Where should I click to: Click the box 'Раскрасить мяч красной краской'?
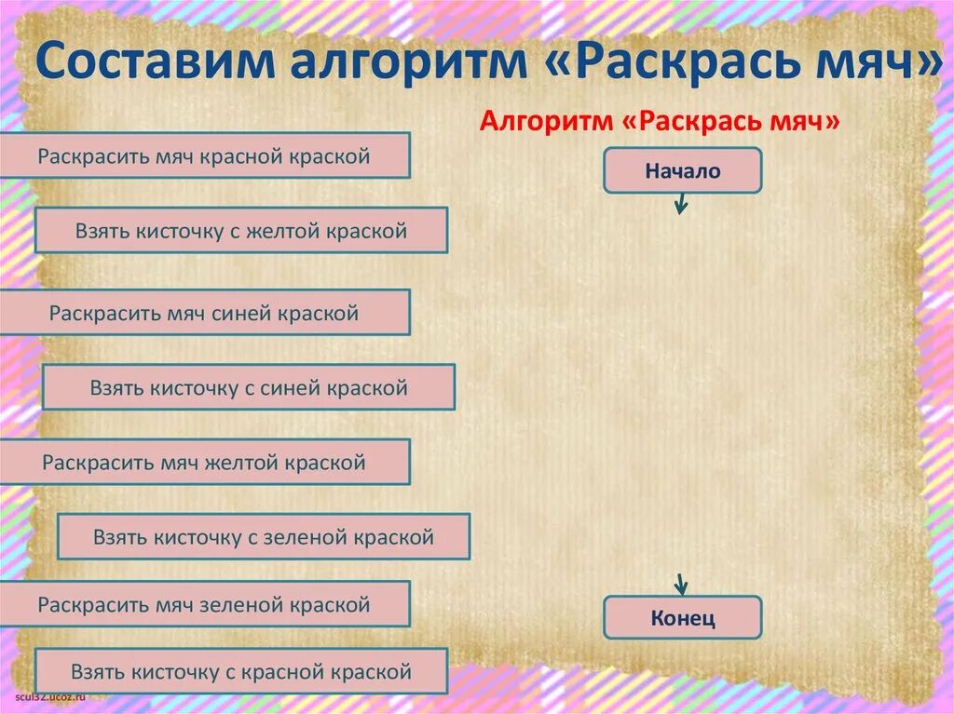coord(204,155)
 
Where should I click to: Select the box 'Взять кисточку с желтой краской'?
coord(241,231)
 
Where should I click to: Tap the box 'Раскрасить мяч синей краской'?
coord(204,313)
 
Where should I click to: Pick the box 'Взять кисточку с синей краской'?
coord(249,387)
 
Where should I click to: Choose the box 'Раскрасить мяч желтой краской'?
coord(204,462)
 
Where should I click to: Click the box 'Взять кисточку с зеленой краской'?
coord(264,537)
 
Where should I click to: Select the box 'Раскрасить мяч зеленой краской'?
coord(204,604)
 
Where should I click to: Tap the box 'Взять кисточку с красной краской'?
coord(241,671)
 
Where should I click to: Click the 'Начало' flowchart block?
coord(682,170)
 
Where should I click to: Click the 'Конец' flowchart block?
coord(682,618)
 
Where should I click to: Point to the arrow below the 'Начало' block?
coord(681,203)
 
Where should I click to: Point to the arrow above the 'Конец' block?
coord(681,584)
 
